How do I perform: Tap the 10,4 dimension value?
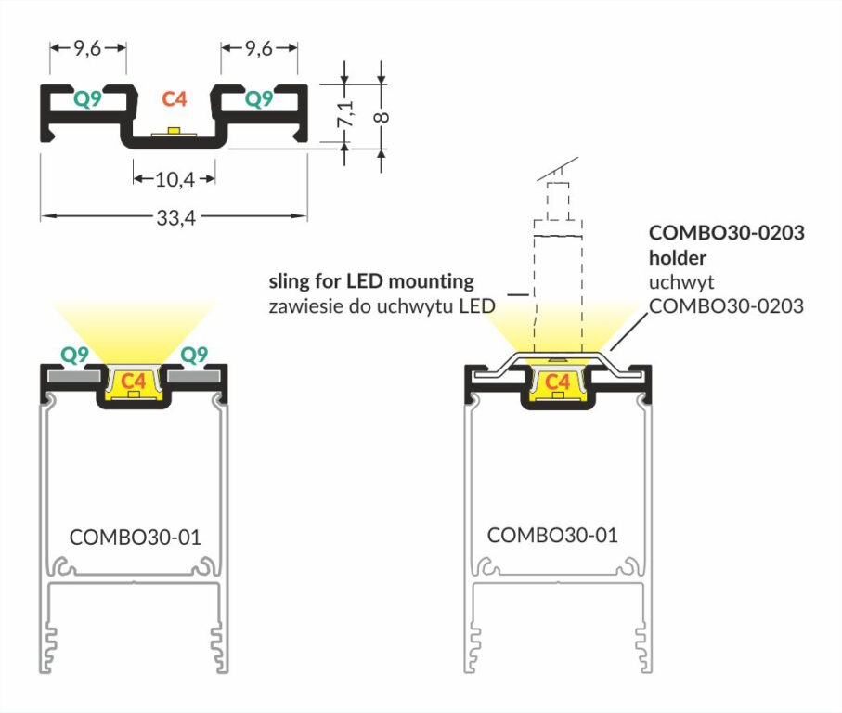[x=174, y=177]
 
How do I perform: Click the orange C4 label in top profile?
[x=174, y=97]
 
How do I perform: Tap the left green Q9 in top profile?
[x=88, y=97]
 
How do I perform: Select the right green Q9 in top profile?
[x=259, y=97]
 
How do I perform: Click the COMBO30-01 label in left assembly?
[x=135, y=537]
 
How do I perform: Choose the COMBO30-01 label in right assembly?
[x=552, y=535]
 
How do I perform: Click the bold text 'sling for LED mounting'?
[x=371, y=280]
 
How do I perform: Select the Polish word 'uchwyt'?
[x=675, y=281]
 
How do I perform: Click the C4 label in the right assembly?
[x=557, y=382]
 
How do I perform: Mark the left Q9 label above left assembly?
[x=74, y=354]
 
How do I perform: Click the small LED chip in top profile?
[x=174, y=129]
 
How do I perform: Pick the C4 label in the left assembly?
[x=134, y=381]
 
